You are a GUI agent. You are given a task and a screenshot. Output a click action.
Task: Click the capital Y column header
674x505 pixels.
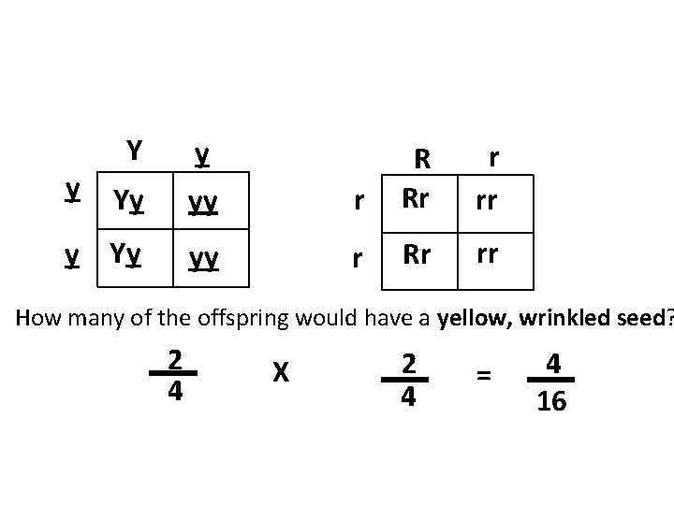pos(135,150)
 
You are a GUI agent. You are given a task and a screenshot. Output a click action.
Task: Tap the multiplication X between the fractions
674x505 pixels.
pos(278,372)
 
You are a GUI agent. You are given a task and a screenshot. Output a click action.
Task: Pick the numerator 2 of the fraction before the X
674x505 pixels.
pos(174,359)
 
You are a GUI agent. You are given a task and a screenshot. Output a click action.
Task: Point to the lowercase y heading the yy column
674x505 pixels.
pos(200,154)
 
